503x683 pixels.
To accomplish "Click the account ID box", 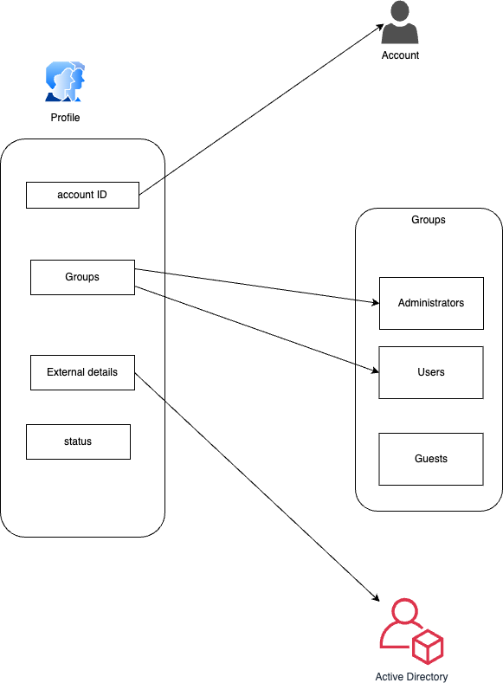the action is pos(82,195).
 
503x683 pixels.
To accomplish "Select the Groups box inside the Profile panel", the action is pos(82,277).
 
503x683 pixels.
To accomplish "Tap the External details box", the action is pos(82,372).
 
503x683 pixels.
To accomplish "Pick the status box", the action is pos(78,441).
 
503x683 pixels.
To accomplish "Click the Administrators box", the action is pos(431,303).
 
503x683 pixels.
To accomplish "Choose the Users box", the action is pos(430,372).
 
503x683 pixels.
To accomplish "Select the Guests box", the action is pos(430,459).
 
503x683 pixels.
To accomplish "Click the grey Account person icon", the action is pos(400,23).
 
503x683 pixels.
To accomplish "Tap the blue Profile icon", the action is pos(65,81).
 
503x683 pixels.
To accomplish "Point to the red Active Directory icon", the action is pos(411,631).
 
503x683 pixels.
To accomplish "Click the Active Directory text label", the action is pos(411,676).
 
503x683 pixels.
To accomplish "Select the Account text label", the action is pos(400,55).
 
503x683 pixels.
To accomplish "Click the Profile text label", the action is pos(65,118).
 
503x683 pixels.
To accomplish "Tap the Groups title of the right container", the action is pos(428,220).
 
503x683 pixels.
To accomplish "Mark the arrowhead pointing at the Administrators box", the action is pos(376,302).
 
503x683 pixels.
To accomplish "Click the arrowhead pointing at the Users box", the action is pos(375,370).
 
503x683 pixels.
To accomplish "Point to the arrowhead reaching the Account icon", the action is pos(380,27).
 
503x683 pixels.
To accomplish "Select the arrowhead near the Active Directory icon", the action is pos(376,597).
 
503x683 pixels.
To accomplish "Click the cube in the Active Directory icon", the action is pos(428,647).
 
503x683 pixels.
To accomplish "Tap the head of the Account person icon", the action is pos(400,10).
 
